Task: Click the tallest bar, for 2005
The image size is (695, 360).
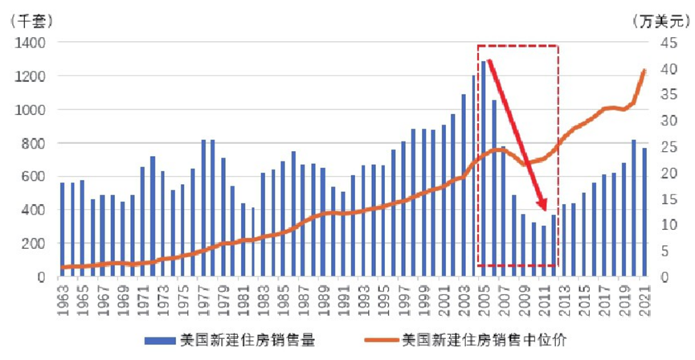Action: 484,169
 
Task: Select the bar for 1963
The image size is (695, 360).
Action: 63,230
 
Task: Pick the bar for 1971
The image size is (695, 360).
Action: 143,222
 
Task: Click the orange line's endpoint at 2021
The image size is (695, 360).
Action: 644,71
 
